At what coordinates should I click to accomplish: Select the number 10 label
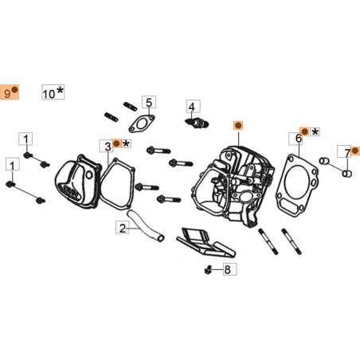tap(49, 93)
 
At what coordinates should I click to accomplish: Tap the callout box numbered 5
tap(148, 102)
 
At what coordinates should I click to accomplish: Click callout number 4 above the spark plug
tap(192, 105)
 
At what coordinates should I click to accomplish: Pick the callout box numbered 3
tap(106, 145)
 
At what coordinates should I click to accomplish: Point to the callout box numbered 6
tap(299, 139)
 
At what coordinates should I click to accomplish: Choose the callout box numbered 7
tap(346, 151)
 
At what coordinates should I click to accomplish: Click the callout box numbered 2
tap(122, 229)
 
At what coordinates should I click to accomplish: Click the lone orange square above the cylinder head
tap(237, 126)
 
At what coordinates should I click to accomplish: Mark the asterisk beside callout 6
tap(315, 131)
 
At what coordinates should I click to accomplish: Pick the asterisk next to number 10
tap(61, 92)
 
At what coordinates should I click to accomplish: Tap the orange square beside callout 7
tap(355, 149)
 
